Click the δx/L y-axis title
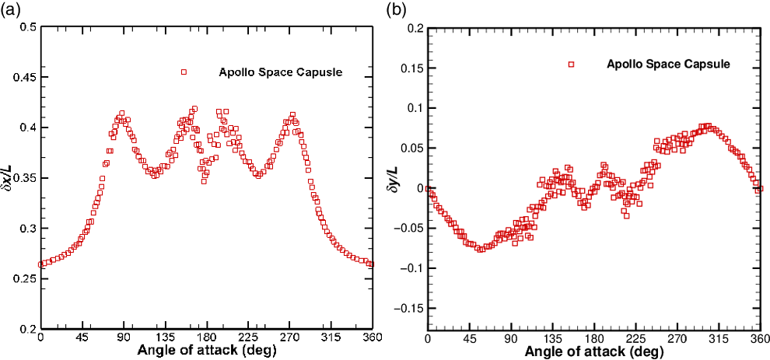pyautogui.click(x=9, y=177)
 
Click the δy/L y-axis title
pyautogui.click(x=397, y=183)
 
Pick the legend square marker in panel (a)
pyautogui.click(x=184, y=72)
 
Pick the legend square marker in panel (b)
pyautogui.click(x=571, y=65)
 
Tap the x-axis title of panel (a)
pyautogui.click(x=206, y=351)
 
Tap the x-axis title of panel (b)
pyautogui.click(x=593, y=352)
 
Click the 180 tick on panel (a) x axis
pyautogui.click(x=206, y=338)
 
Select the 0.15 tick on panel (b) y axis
pyautogui.click(x=411, y=68)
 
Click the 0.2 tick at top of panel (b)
pyautogui.click(x=415, y=28)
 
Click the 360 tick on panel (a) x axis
pyautogui.click(x=372, y=338)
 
